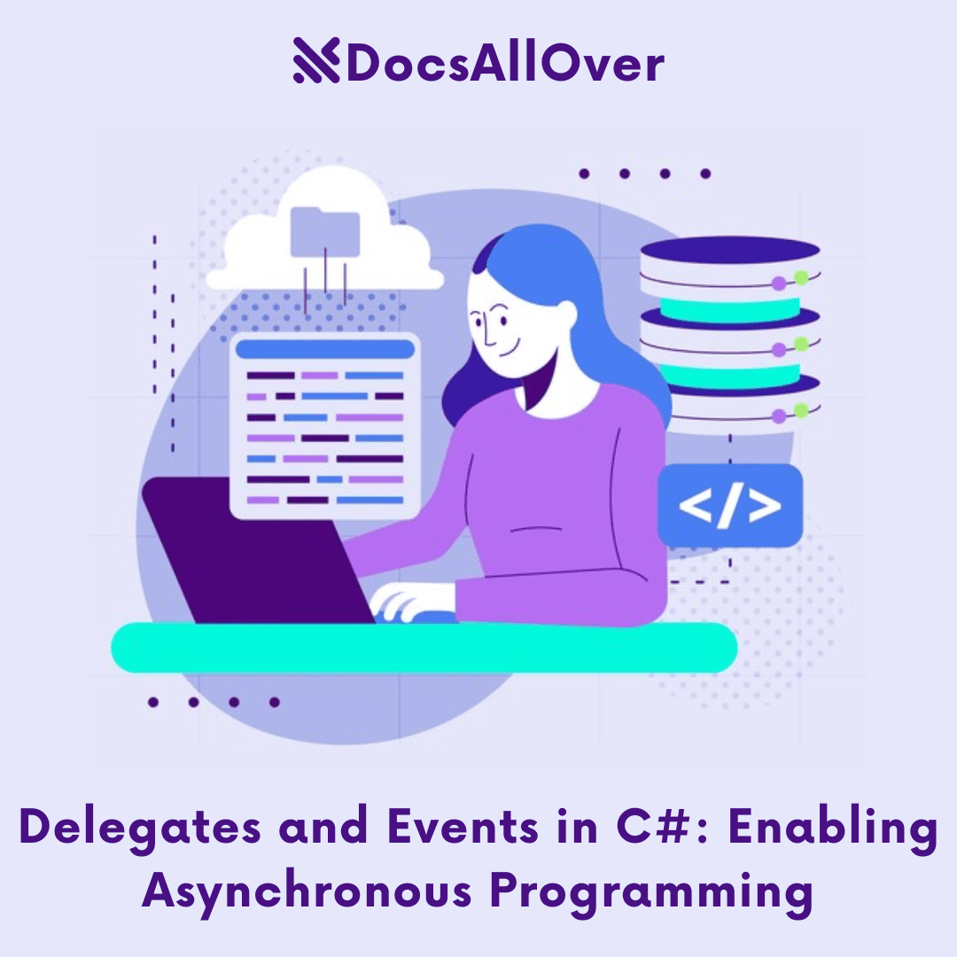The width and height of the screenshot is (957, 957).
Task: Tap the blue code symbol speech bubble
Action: pos(729,505)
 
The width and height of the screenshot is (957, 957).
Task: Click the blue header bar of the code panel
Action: pos(324,348)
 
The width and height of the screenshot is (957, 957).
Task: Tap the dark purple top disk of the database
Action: pos(729,250)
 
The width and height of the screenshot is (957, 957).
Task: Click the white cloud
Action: pos(266,257)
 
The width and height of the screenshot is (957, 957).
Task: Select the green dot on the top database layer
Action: pos(801,277)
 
